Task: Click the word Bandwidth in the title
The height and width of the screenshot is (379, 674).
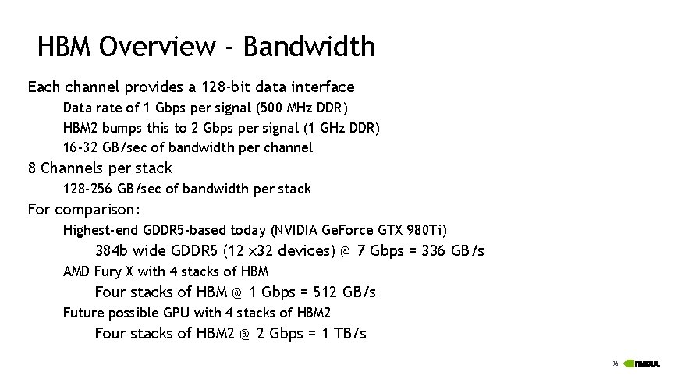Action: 310,47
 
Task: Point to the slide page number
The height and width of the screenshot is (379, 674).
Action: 615,364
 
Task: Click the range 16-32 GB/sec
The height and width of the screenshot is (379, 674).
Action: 108,147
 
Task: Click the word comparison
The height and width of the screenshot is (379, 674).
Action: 98,209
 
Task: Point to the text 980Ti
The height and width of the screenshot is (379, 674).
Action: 428,230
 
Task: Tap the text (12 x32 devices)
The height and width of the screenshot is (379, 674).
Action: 278,251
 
